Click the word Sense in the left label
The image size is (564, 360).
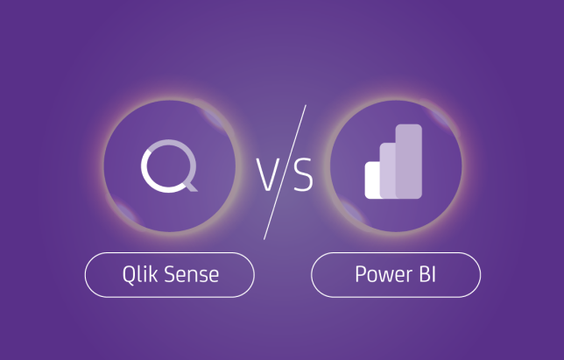[x=192, y=275]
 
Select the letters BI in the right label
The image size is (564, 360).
[x=427, y=274]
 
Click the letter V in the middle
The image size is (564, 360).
[x=268, y=175]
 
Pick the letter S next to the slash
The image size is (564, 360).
[x=303, y=174]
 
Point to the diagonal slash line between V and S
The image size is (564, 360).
[x=285, y=173]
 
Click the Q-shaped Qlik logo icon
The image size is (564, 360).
[x=169, y=166]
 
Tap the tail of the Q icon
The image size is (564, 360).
[x=190, y=186]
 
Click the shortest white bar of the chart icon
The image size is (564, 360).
[x=373, y=180]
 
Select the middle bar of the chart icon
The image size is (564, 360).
[x=388, y=171]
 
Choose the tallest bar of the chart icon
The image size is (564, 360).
[x=409, y=161]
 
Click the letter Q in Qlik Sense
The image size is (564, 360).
[x=128, y=276]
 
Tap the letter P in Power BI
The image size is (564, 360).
[x=361, y=274]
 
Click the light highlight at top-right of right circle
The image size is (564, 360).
[x=439, y=115]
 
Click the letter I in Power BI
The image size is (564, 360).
[x=434, y=274]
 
